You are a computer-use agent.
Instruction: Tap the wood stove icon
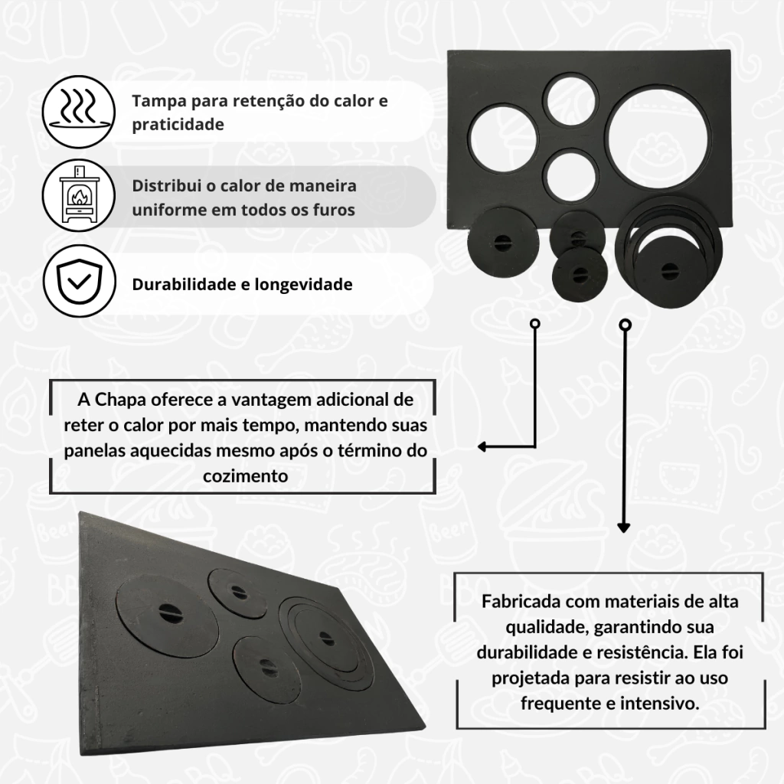(79, 195)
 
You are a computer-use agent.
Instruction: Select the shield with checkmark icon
(79, 280)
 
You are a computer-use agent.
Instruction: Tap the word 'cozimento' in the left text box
(246, 475)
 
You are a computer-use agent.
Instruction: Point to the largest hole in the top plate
(658, 138)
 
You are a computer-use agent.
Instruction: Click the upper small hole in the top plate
(570, 100)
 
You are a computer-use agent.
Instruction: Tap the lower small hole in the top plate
(570, 177)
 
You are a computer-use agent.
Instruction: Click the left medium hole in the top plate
(503, 139)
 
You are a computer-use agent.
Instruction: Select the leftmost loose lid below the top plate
(503, 243)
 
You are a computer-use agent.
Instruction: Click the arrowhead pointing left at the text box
(482, 446)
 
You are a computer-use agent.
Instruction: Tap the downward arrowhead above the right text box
(623, 527)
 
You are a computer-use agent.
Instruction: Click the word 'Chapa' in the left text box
(120, 400)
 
